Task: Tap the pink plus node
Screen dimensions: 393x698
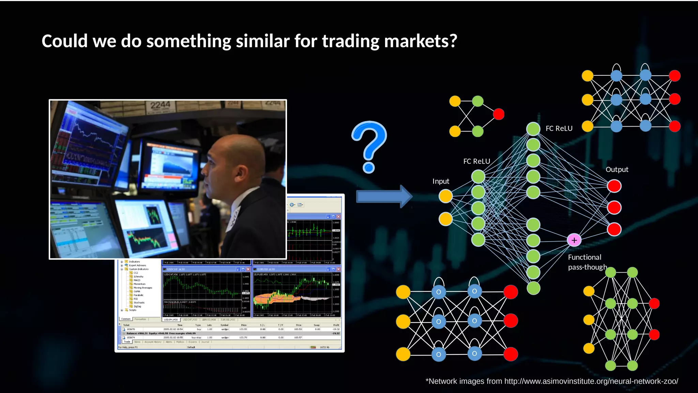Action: [x=574, y=240]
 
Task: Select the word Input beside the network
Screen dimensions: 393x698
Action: [x=441, y=181]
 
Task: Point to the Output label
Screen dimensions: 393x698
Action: [x=617, y=170]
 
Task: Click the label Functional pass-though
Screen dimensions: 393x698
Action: [x=587, y=262]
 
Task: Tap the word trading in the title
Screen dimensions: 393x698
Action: [x=351, y=41]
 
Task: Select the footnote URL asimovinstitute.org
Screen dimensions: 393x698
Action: [x=591, y=381]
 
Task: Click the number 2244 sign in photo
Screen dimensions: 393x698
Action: [x=160, y=105]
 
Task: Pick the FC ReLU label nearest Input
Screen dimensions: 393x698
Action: [x=476, y=161]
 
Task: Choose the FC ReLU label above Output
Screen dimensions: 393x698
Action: [x=559, y=129]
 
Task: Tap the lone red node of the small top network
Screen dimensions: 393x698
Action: [x=499, y=114]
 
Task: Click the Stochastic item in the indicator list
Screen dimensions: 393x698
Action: [x=139, y=303]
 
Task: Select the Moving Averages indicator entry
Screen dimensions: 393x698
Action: [x=143, y=288]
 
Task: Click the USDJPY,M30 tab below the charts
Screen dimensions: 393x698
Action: [x=171, y=320]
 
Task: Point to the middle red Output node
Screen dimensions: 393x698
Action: [x=614, y=207]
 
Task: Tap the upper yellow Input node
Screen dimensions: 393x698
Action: [x=445, y=196]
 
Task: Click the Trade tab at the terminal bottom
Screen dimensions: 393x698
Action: [x=127, y=341]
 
